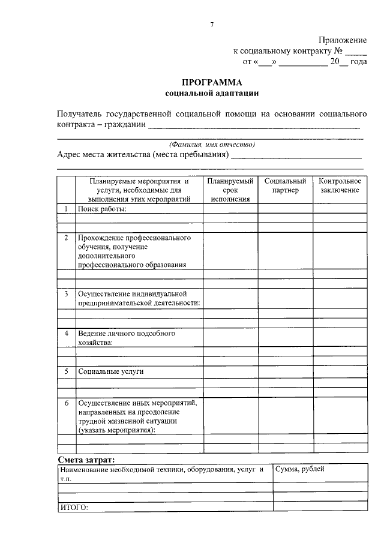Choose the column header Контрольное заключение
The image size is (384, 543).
[340, 185]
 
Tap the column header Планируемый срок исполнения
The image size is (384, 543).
[230, 190]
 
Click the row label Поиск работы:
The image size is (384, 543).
[102, 208]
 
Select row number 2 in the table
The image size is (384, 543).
[66, 238]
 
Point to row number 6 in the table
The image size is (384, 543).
[66, 403]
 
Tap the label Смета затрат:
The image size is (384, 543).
[84, 459]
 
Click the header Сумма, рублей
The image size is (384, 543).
[300, 469]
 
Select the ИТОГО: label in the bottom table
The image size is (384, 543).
[74, 508]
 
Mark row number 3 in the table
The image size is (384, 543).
[66, 294]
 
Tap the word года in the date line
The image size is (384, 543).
[358, 61]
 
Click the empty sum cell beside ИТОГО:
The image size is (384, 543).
[319, 508]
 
